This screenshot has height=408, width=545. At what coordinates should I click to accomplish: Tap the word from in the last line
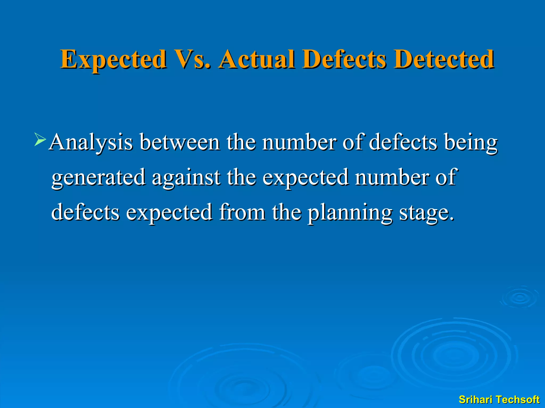(242, 212)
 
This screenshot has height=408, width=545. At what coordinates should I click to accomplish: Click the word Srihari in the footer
(476, 399)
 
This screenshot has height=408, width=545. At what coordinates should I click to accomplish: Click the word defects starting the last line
(85, 212)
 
